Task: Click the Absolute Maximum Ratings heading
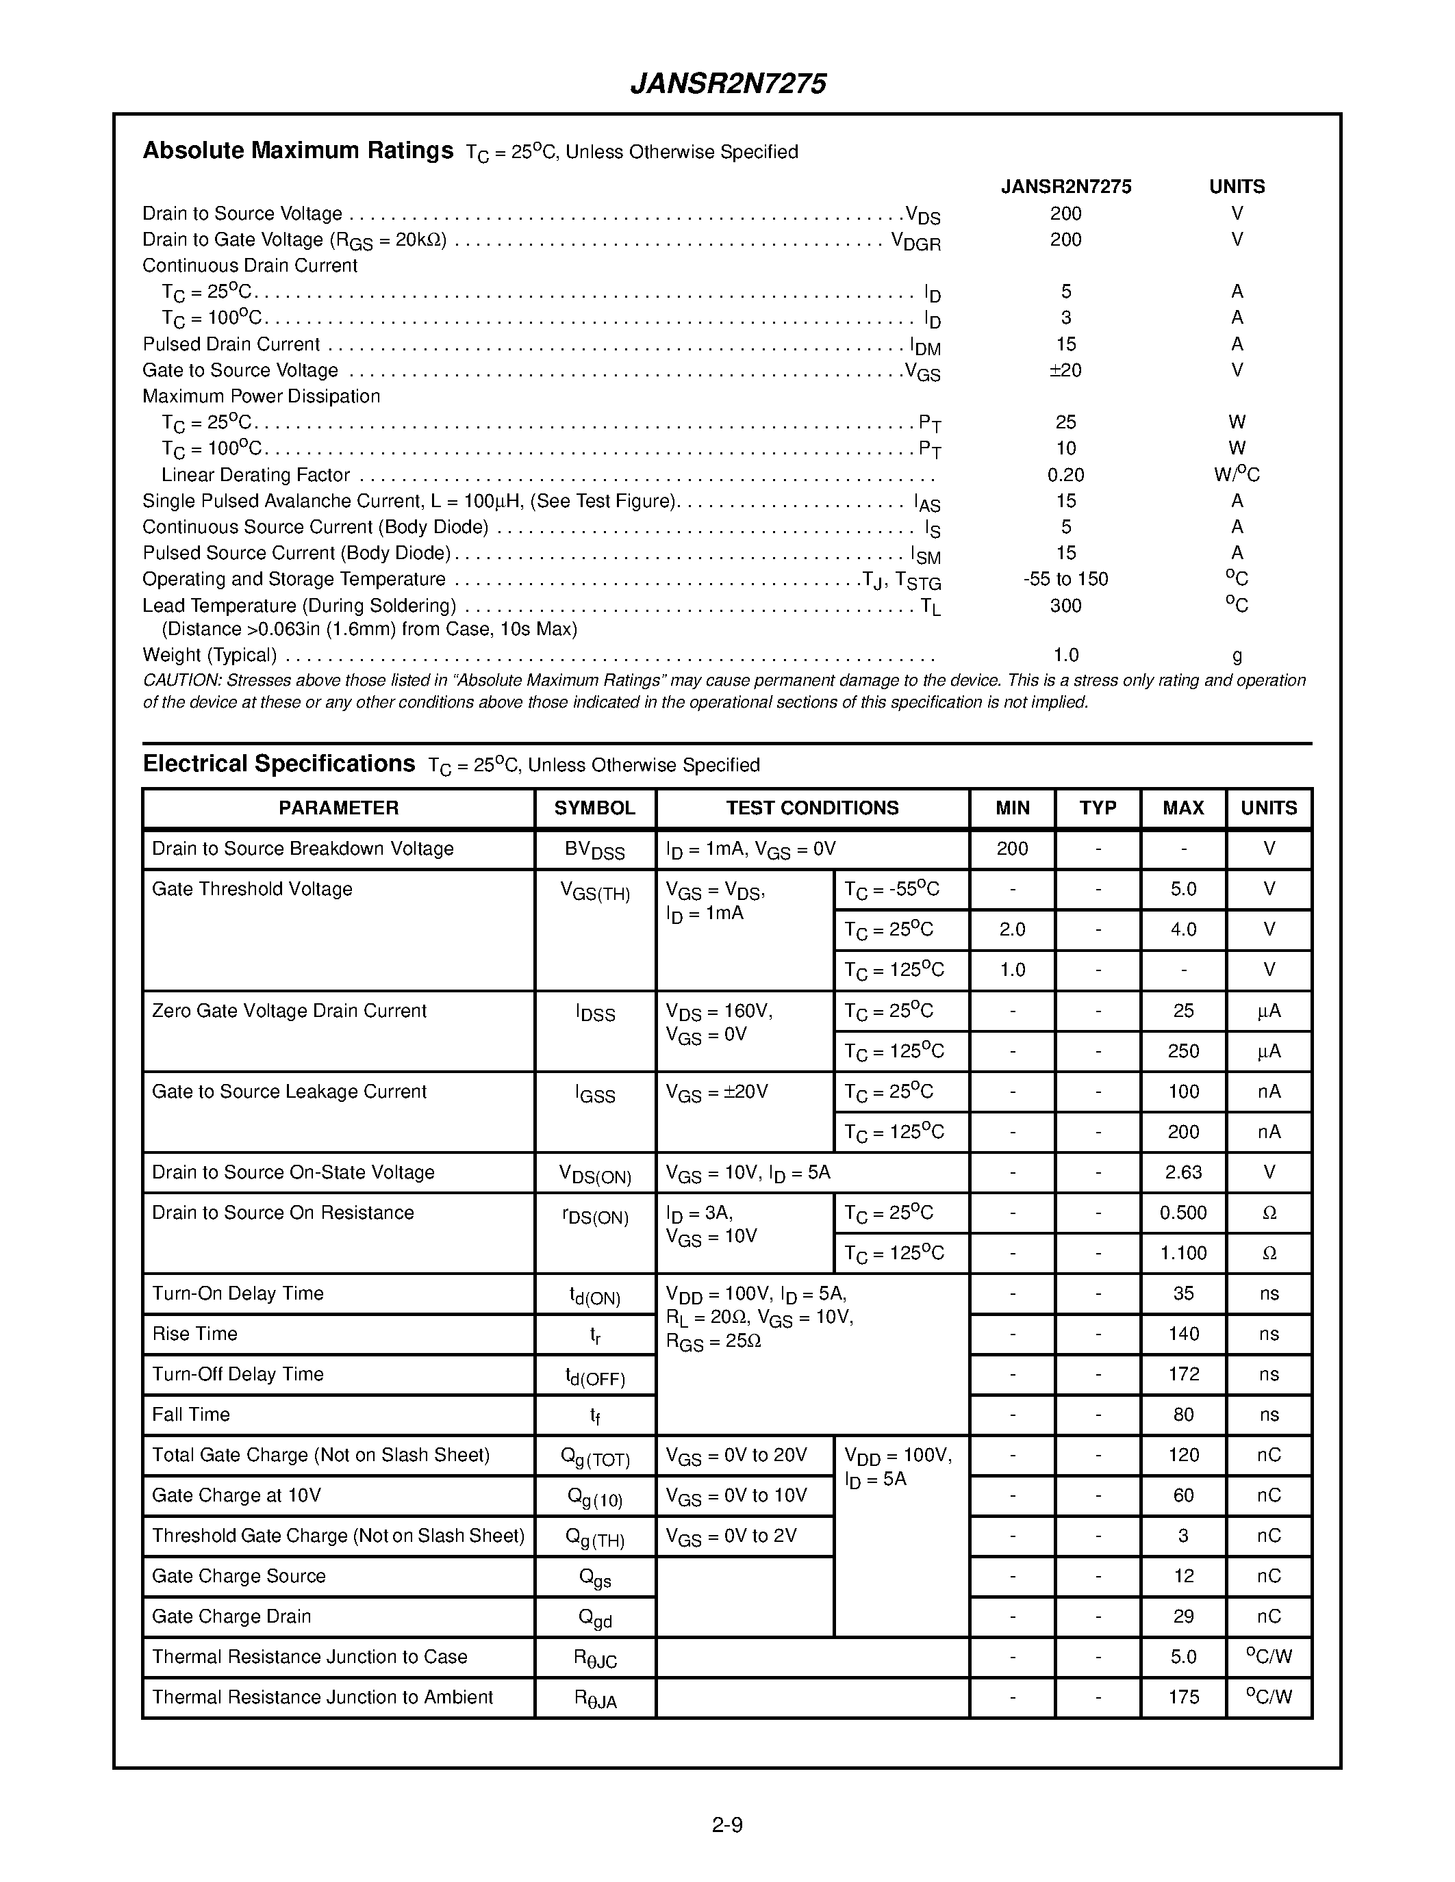point(297,151)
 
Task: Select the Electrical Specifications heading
point(279,764)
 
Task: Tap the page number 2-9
point(727,1825)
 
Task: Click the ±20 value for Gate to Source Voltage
point(1065,370)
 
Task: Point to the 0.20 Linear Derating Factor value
point(1065,475)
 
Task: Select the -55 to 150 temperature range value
point(1065,579)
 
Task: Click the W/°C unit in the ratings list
point(1236,475)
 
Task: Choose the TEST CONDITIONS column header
point(812,808)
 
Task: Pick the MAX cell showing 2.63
point(1182,1173)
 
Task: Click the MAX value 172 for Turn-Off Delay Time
point(1182,1374)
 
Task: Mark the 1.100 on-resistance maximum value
point(1182,1253)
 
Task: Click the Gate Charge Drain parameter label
point(231,1616)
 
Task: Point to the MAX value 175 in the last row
point(1182,1698)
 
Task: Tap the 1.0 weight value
point(1065,655)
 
